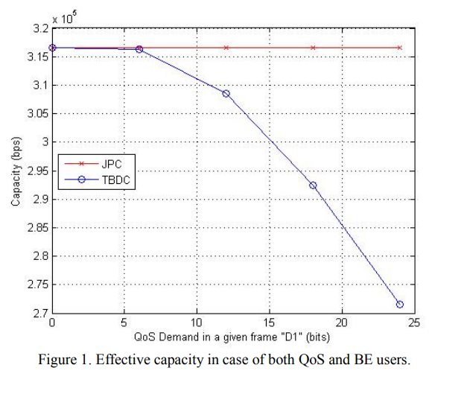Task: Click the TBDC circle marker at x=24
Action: (400, 304)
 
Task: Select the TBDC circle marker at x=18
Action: (313, 185)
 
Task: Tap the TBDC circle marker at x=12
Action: (226, 94)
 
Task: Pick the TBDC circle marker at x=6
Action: (139, 49)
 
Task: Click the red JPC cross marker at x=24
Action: (400, 48)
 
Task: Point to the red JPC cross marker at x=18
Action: (313, 48)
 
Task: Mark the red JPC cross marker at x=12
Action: (226, 48)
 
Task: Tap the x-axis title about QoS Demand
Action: (232, 336)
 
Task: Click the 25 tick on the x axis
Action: (415, 323)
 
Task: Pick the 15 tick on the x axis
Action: (270, 323)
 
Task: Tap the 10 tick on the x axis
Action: (197, 323)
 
